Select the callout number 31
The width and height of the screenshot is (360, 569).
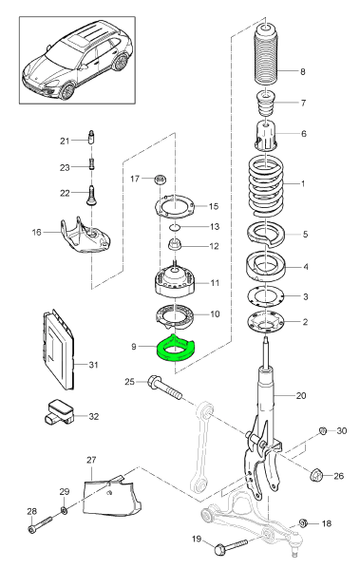(94, 365)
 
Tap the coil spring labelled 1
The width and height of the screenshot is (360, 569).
(266, 186)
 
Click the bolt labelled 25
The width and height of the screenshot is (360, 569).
(164, 388)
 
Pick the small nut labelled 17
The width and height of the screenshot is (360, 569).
(160, 179)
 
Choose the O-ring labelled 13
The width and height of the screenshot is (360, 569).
(175, 227)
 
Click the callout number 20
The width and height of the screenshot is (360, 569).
(301, 395)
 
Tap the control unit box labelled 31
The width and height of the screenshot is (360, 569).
(58, 350)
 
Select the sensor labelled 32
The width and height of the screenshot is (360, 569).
(59, 412)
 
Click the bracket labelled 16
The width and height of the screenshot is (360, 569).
(84, 236)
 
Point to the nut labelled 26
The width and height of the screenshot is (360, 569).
(316, 475)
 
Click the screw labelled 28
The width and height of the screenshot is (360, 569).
(40, 524)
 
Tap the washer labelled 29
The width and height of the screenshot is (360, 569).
(64, 511)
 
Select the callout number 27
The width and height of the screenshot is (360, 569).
(91, 460)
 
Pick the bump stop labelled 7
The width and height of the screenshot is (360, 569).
(266, 104)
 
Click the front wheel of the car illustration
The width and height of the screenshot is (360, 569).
(66, 91)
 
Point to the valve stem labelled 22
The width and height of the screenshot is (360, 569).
(92, 196)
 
